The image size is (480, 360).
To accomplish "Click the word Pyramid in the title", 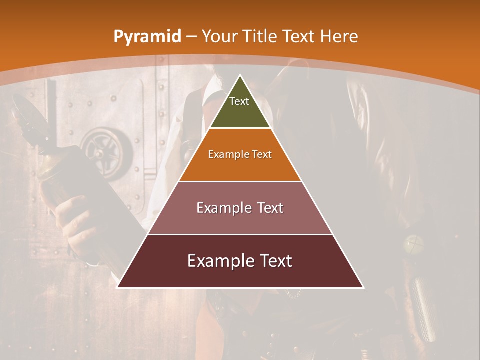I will tap(147, 36).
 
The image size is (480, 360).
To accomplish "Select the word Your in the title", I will tap(219, 36).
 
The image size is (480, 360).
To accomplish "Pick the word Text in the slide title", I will tap(299, 36).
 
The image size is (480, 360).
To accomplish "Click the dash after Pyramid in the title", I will tap(191, 37).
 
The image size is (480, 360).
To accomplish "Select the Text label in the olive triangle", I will tap(239, 101).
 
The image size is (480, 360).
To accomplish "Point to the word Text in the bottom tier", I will tap(276, 261).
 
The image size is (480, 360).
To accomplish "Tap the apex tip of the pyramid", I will tap(240, 76).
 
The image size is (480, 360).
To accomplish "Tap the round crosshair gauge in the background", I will tap(414, 245).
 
